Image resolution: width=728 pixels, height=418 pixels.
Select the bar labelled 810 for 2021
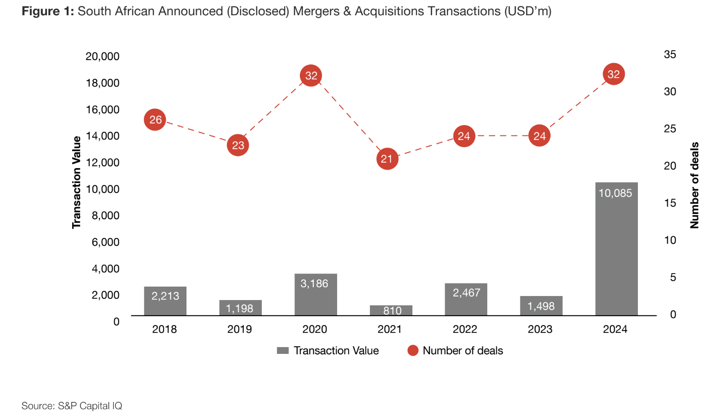click(x=391, y=310)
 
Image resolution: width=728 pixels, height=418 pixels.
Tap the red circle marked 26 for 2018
click(x=155, y=120)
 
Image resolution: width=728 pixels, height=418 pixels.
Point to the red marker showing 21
click(x=387, y=159)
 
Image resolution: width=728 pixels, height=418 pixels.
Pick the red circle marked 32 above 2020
click(x=311, y=75)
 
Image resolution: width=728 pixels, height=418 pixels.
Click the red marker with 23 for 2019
click(x=238, y=145)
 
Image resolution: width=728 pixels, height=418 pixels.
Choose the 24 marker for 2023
click(x=539, y=136)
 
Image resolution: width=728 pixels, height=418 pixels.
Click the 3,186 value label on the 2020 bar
click(x=314, y=283)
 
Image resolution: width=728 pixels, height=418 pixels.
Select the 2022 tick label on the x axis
click(x=465, y=329)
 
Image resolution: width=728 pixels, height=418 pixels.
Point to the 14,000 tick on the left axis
click(x=103, y=136)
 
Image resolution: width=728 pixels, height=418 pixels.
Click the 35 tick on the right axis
click(x=670, y=55)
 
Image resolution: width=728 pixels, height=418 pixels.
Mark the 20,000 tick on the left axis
click(x=103, y=57)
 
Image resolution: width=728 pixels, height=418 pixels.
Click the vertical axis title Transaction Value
click(x=77, y=183)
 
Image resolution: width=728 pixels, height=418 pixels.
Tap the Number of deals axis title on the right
click(x=694, y=185)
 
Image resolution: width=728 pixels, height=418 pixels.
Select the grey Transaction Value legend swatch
click(x=283, y=351)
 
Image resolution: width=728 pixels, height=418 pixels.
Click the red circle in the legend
click(x=413, y=351)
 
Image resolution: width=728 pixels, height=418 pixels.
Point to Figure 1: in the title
click(x=48, y=11)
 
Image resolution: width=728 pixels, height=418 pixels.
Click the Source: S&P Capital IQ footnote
click(x=72, y=406)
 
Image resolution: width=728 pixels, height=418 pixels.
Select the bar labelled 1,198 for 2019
click(x=240, y=308)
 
